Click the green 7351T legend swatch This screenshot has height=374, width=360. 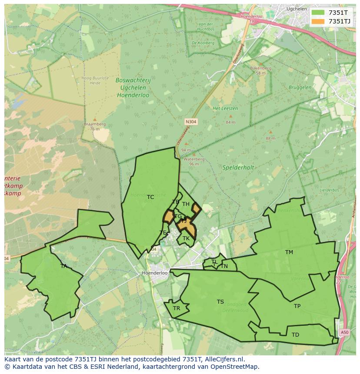(x=318, y=13)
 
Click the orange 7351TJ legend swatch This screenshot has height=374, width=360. (x=318, y=21)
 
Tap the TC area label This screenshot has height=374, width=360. (x=150, y=197)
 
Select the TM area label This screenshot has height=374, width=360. (x=289, y=252)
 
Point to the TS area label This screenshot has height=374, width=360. (x=220, y=302)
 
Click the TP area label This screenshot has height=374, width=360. (x=297, y=306)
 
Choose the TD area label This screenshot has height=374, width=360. (x=295, y=335)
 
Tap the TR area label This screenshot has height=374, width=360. (x=177, y=308)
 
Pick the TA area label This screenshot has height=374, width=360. (x=64, y=266)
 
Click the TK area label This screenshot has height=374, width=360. (x=186, y=238)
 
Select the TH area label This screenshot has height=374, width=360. (x=186, y=204)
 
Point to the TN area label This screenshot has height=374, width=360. (x=224, y=266)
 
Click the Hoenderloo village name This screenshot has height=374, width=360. (x=155, y=273)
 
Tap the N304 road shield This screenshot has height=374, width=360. (x=191, y=122)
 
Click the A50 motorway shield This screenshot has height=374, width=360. (x=344, y=332)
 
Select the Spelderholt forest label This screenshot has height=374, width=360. (x=238, y=167)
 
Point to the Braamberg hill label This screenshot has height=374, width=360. (x=95, y=124)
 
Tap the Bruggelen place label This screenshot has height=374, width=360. (x=300, y=87)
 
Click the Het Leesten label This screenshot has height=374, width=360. (x=222, y=108)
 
